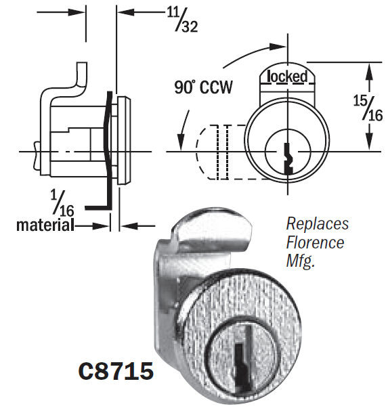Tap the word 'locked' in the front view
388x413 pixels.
[x=288, y=76]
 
